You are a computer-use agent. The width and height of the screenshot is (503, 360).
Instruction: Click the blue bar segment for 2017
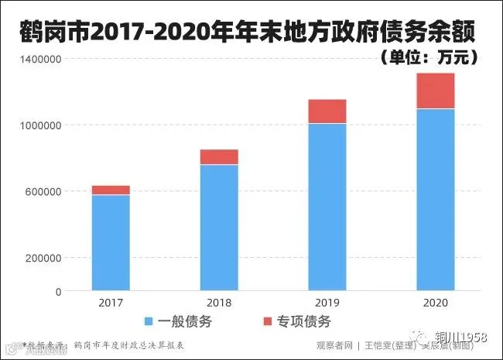[111, 243]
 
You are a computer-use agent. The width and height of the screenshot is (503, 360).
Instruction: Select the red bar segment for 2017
[111, 190]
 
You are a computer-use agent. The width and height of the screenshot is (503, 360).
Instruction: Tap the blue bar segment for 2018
[219, 228]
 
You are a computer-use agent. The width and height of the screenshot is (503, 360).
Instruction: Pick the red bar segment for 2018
[219, 157]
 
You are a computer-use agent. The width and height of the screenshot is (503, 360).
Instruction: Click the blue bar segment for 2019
[327, 207]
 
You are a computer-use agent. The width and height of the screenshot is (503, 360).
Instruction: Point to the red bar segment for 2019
[327, 111]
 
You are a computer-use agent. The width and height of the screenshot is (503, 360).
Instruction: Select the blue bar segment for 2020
[436, 200]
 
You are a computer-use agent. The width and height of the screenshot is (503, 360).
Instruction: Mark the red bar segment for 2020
[436, 91]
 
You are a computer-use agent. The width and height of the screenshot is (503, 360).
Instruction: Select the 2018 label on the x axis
[219, 303]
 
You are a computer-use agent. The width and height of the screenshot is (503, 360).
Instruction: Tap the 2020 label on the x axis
[436, 303]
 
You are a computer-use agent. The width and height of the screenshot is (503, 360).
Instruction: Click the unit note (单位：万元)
[430, 57]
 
